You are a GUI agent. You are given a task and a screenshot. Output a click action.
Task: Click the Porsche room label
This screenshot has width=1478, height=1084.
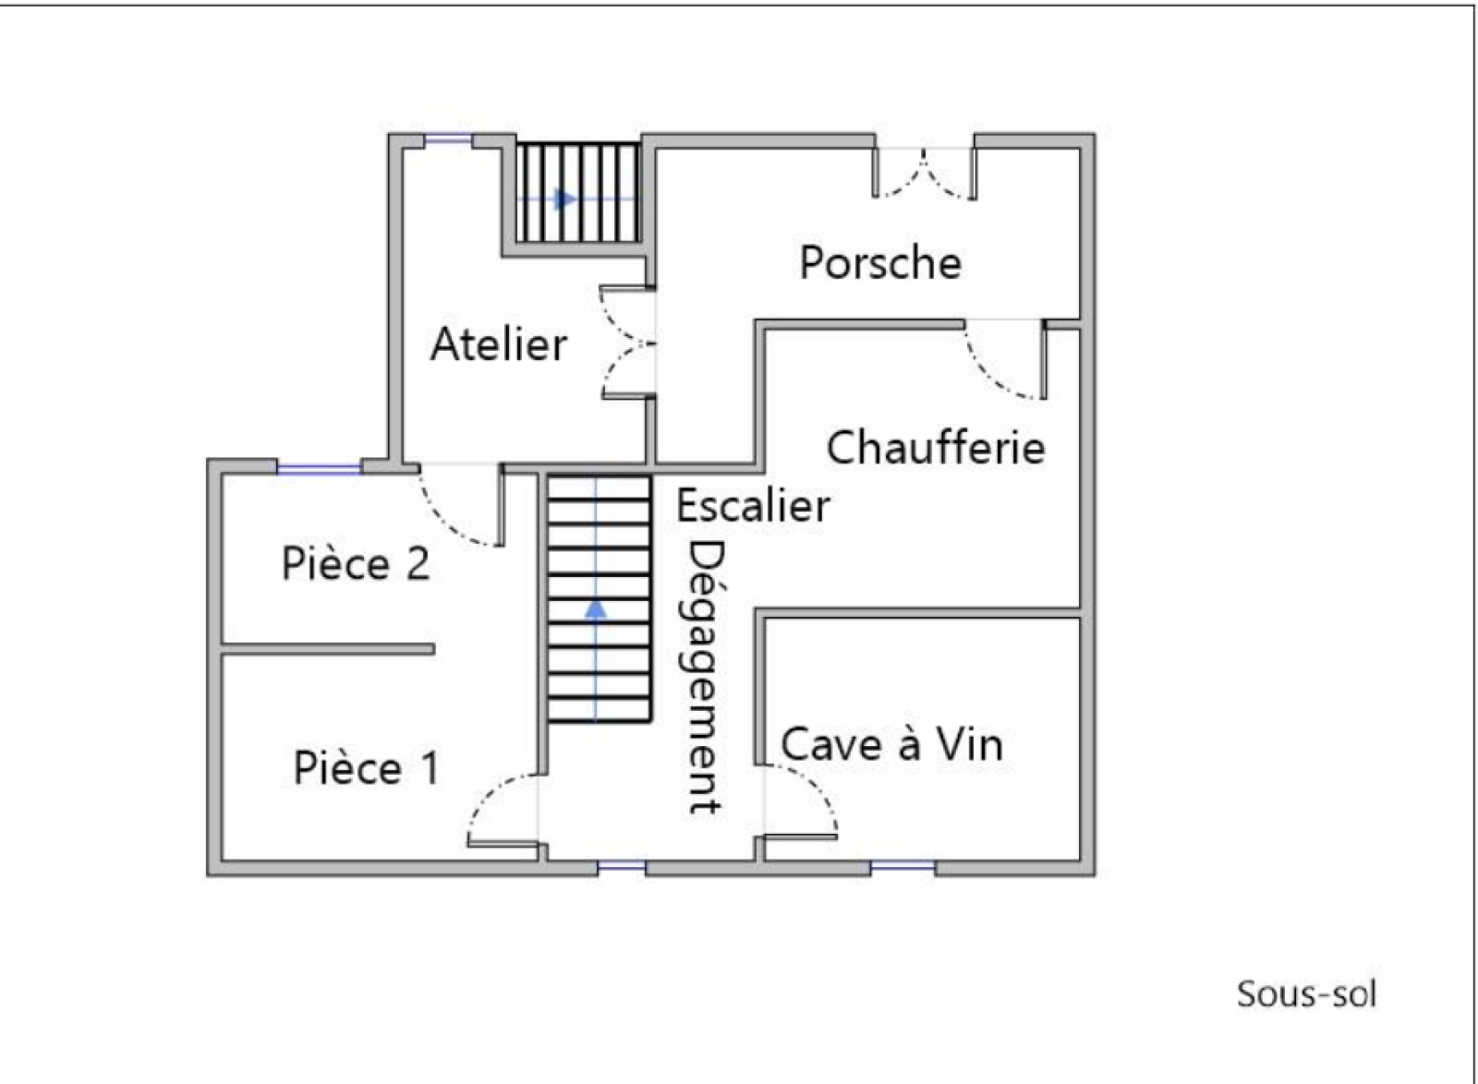point(880,262)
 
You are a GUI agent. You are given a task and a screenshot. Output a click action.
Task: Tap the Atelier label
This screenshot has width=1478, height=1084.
point(499,343)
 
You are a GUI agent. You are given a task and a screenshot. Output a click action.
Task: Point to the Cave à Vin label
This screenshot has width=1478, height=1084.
point(892,744)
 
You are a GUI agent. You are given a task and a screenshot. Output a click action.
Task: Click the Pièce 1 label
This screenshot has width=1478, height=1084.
point(366,767)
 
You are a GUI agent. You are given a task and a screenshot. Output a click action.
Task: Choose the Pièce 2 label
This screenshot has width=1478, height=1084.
point(356,564)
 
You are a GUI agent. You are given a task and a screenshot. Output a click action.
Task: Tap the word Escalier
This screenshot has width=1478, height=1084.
point(754,506)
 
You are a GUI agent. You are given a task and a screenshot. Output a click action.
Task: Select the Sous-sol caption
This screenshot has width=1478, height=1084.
point(1307,994)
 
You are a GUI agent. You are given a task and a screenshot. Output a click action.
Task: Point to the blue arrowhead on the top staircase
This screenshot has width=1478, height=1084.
point(565,199)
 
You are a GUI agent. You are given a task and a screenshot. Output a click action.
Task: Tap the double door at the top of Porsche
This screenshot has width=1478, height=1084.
point(925,173)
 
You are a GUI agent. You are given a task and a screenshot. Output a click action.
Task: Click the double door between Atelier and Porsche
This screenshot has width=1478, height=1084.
point(627,343)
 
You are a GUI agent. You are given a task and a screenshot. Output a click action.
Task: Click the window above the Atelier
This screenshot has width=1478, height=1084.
point(449,139)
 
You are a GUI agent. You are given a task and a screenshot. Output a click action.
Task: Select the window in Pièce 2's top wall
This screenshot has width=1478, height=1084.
point(320,468)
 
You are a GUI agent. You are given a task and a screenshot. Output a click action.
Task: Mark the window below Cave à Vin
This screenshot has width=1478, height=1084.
point(903,866)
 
